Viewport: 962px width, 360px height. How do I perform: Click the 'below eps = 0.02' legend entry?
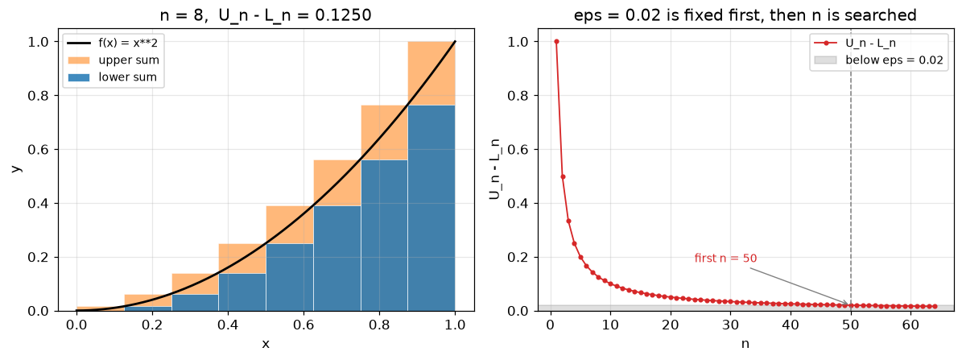878,60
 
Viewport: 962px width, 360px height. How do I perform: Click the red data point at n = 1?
556,42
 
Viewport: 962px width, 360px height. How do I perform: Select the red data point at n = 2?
563,176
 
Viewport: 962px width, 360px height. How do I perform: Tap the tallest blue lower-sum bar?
431,208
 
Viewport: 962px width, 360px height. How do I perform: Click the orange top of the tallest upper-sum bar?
431,73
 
